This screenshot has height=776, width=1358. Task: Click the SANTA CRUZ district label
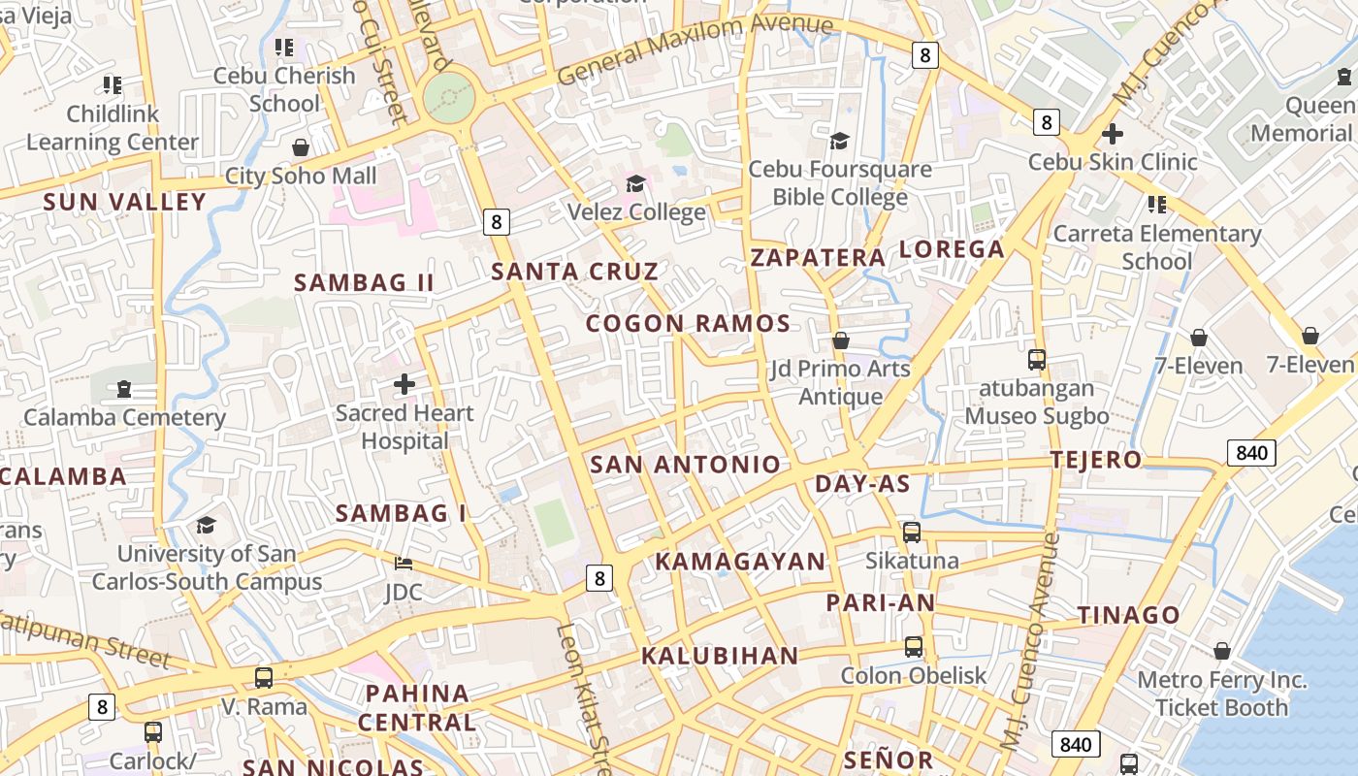pos(574,272)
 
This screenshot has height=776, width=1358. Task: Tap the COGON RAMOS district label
pos(688,324)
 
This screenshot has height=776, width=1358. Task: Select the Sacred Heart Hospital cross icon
pos(404,385)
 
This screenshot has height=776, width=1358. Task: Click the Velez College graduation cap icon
pos(635,183)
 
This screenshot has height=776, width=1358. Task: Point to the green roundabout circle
pos(450,96)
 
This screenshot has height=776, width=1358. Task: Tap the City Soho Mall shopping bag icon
pos(301,147)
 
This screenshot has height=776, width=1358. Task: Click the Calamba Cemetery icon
pos(123,389)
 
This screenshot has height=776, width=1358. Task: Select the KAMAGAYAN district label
pos(740,562)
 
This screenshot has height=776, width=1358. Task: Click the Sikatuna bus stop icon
pos(912,532)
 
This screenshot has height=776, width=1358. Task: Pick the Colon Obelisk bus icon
pos(914,646)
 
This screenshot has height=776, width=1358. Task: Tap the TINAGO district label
pos(1128,615)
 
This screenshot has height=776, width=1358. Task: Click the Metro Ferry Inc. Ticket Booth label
pos(1221,694)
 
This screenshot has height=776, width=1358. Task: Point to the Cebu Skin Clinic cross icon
pos(1113,133)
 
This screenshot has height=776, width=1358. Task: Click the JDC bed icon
pos(404,564)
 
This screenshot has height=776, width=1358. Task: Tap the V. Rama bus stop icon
pos(264,677)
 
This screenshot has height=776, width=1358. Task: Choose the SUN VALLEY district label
pos(125,202)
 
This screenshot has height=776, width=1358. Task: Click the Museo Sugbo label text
pos(1036,416)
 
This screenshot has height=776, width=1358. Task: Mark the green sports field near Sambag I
pos(554,523)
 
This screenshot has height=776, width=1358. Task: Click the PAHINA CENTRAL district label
pos(417,708)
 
